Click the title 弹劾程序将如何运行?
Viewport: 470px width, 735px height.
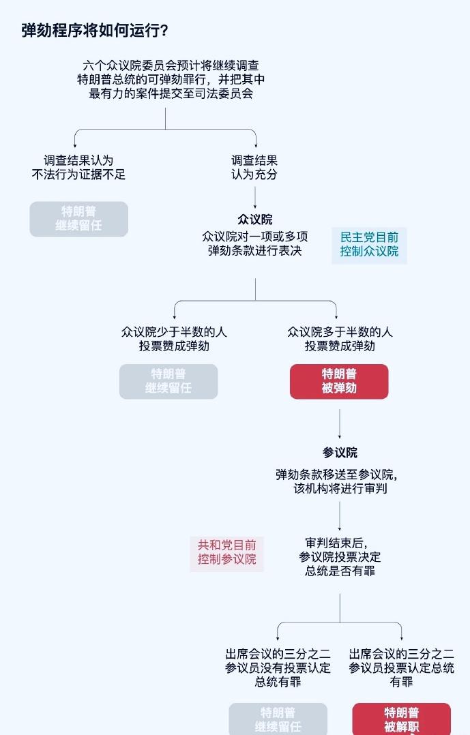[x=95, y=31]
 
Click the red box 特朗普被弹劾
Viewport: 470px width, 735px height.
[x=339, y=381]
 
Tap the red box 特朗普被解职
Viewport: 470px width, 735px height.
[x=401, y=719]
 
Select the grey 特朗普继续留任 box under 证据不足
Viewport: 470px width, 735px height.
[x=78, y=219]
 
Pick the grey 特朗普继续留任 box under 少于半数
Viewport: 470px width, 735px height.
[x=168, y=381]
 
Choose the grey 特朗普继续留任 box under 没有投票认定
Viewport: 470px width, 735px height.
[x=278, y=719]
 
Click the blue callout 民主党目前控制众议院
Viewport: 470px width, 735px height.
[x=369, y=245]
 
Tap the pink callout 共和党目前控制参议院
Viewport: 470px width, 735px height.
[x=226, y=553]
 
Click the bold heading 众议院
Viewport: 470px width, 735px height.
[x=254, y=220]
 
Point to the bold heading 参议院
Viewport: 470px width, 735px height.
[x=339, y=453]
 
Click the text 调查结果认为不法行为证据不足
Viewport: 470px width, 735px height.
[x=78, y=168]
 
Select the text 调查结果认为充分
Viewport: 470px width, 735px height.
[x=254, y=168]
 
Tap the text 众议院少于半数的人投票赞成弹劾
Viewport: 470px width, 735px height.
[x=174, y=339]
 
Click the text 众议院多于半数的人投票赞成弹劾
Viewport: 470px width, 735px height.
[x=340, y=339]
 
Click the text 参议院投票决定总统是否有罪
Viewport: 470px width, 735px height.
[x=339, y=557]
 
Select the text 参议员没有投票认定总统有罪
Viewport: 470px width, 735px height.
[x=278, y=667]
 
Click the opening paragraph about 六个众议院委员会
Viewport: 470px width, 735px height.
[x=171, y=80]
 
